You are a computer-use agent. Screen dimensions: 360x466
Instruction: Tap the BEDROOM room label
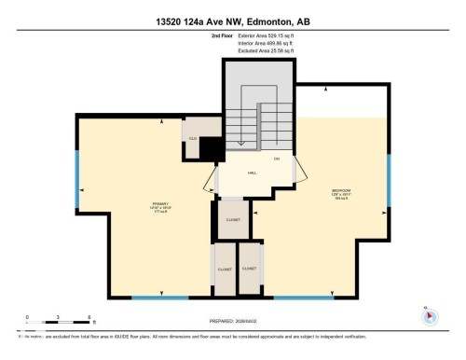[340, 193]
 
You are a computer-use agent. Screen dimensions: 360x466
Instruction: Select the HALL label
[252, 173]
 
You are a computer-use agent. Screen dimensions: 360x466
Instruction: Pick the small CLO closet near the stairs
[192, 139]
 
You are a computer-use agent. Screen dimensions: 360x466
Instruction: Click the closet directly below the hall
[233, 219]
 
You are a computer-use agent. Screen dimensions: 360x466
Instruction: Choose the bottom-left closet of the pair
[225, 269]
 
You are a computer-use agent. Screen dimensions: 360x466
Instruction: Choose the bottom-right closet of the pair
[250, 269]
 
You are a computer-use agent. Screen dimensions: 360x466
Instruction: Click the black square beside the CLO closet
[213, 148]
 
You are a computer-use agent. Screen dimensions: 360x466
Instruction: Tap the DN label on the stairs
[277, 159]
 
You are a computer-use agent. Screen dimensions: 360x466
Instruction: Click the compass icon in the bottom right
[428, 314]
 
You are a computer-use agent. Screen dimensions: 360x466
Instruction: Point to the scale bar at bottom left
[58, 323]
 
